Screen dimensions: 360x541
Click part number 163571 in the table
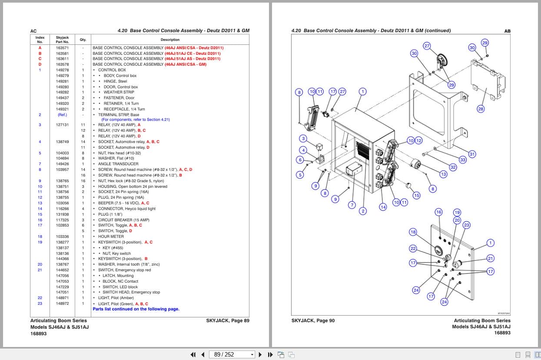(62, 47)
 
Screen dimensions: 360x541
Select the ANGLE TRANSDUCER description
(118, 164)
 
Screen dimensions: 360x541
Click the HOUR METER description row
(111, 237)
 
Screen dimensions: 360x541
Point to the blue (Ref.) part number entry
(62, 115)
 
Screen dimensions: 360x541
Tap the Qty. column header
(83, 40)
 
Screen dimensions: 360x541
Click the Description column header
(170, 40)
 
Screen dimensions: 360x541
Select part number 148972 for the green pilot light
(62, 303)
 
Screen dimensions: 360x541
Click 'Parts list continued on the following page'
(136, 309)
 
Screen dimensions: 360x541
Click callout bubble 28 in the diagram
(481, 109)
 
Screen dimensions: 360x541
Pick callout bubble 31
(472, 154)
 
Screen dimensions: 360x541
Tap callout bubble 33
(463, 160)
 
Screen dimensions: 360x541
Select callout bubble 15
(416, 195)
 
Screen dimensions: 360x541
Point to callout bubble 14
(383, 207)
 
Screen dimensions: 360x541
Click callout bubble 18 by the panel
(413, 232)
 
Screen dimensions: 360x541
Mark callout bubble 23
(467, 225)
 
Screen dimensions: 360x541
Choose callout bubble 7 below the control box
(352, 204)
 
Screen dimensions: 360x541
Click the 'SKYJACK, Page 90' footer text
(313, 321)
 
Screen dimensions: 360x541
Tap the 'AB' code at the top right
(507, 31)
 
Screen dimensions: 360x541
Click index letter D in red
(40, 64)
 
